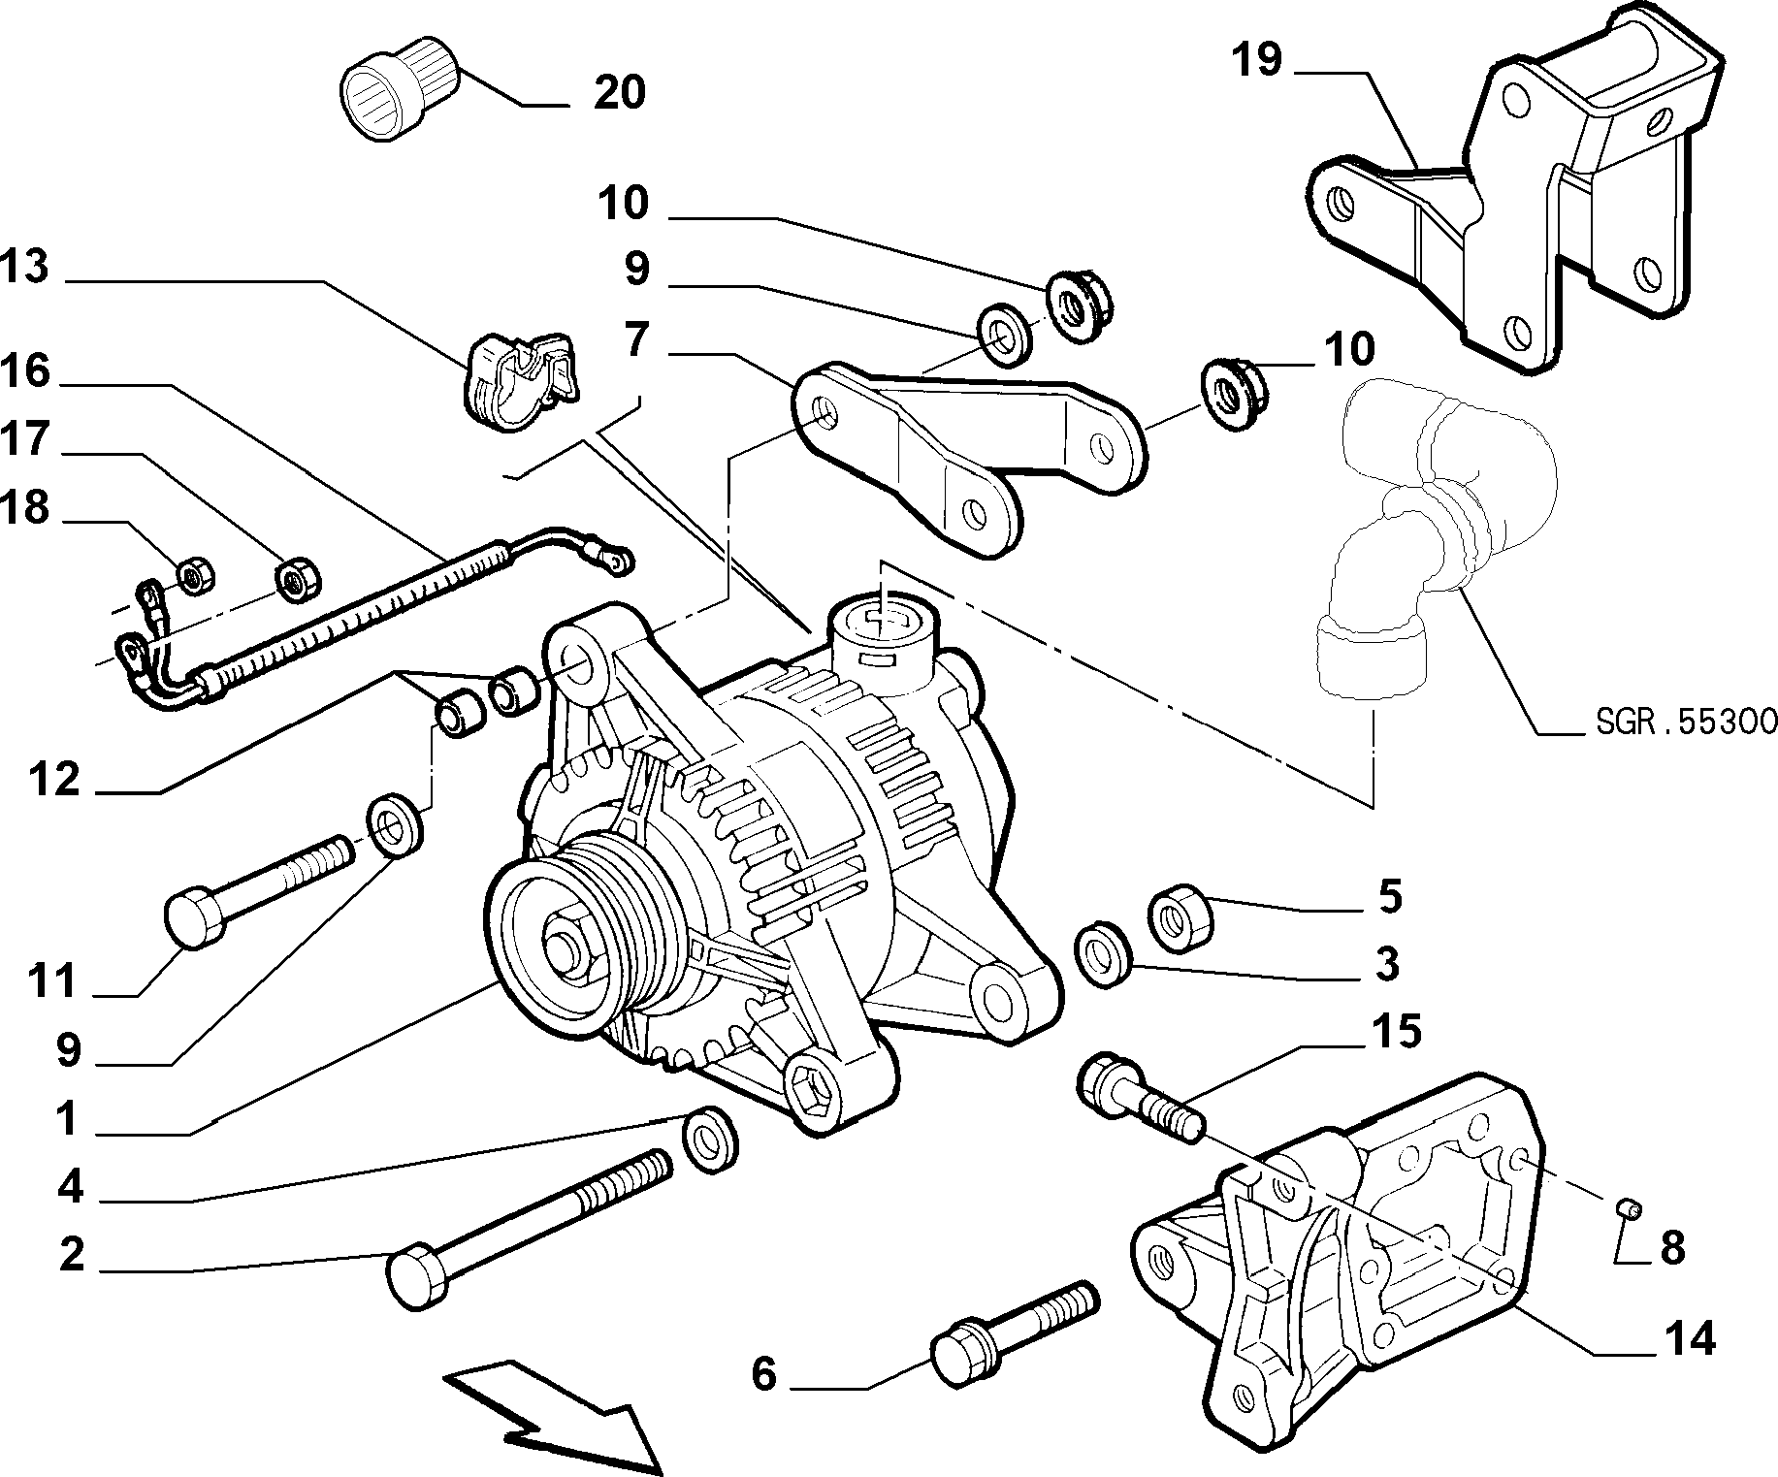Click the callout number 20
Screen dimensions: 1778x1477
pos(618,93)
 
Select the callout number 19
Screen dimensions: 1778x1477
pos(1257,60)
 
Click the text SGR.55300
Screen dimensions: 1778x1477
pos(1685,722)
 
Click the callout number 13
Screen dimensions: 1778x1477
pos(24,268)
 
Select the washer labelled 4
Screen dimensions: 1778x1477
pos(710,1139)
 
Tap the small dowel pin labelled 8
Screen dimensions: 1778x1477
pos(1629,1207)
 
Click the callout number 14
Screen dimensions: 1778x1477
pos(1689,1339)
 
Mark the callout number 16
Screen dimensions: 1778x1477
pos(24,369)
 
